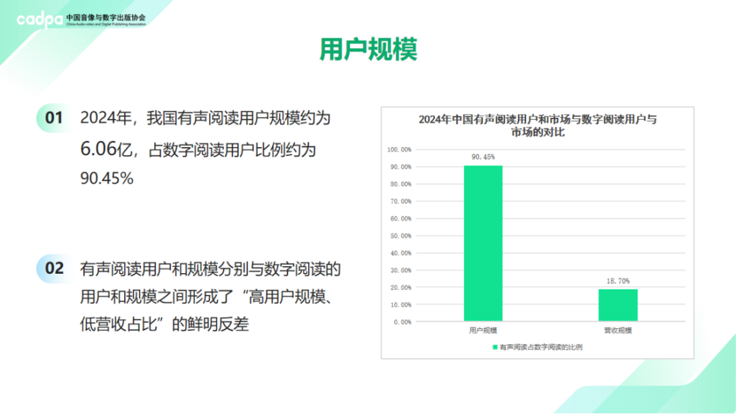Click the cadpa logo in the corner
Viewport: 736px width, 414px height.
[x=40, y=19]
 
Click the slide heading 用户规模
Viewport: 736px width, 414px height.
[x=369, y=49]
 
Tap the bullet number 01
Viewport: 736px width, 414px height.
[x=54, y=118]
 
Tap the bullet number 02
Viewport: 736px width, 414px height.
[x=54, y=268]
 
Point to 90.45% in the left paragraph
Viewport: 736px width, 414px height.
[x=107, y=178]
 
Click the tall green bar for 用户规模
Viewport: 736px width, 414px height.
[x=483, y=243]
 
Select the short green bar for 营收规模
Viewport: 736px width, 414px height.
[x=617, y=305]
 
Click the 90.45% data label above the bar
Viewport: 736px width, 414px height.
[x=483, y=157]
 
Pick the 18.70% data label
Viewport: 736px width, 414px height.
[x=617, y=281]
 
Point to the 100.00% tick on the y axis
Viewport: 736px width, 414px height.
[x=399, y=150]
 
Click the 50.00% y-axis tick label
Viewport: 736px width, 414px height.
[x=401, y=236]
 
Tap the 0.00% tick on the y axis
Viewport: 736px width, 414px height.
[x=402, y=322]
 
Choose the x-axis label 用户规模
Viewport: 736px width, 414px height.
[x=483, y=330]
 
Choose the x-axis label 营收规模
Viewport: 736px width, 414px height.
[x=617, y=330]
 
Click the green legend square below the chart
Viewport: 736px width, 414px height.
[x=495, y=347]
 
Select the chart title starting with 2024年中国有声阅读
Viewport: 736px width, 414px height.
[x=538, y=126]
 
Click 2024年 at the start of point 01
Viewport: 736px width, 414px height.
[x=106, y=118]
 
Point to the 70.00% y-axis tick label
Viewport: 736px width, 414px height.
[x=401, y=201]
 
